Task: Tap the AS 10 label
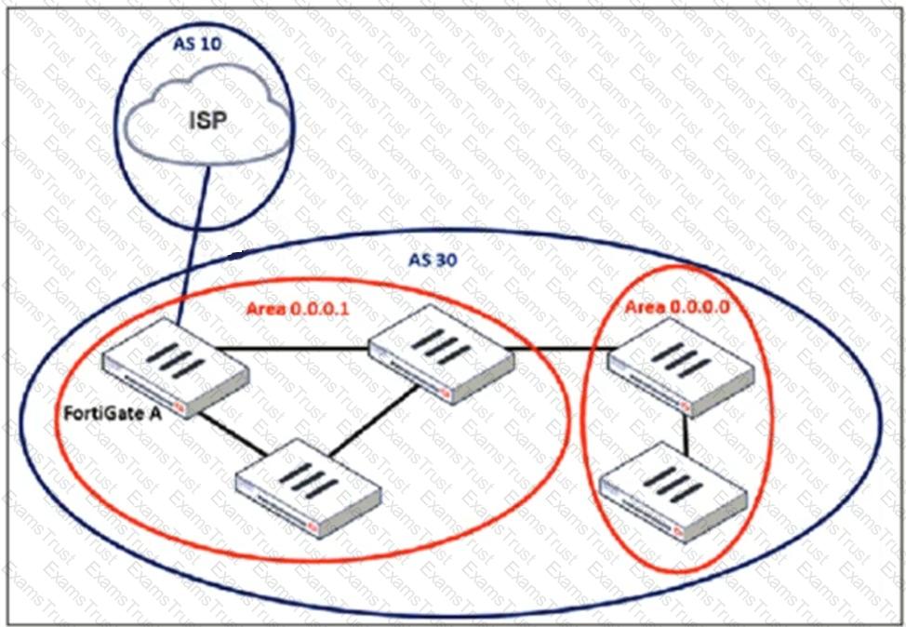(203, 44)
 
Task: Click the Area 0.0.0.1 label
(297, 308)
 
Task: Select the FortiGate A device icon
(175, 367)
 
